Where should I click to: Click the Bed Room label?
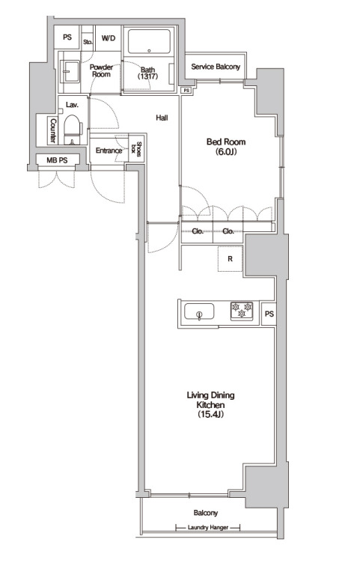(226, 146)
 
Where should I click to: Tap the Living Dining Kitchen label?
(210, 404)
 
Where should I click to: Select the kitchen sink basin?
(199, 311)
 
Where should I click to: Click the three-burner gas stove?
(242, 311)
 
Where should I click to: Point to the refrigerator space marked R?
(230, 259)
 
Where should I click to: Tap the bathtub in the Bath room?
(149, 41)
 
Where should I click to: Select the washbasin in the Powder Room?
(70, 72)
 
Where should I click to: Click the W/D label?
(109, 38)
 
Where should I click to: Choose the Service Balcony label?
(216, 67)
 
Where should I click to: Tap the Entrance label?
(109, 150)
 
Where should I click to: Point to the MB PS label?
(57, 160)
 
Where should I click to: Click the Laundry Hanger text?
(208, 527)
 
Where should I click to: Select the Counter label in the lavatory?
(53, 131)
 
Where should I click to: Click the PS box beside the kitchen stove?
(269, 314)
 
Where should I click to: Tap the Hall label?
(162, 118)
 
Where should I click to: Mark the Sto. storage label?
(88, 42)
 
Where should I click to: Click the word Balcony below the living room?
(206, 513)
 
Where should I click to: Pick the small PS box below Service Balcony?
(186, 91)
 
